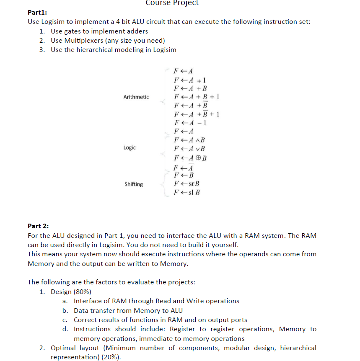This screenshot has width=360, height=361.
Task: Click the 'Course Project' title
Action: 172,3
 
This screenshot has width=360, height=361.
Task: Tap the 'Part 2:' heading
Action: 39,226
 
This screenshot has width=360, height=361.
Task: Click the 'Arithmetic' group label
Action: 136,97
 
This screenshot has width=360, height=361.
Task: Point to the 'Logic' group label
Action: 129,148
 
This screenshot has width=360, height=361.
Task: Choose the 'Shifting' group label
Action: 133,184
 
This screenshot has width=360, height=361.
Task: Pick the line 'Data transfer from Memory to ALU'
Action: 128,310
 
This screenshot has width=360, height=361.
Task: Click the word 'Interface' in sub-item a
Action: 88,301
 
